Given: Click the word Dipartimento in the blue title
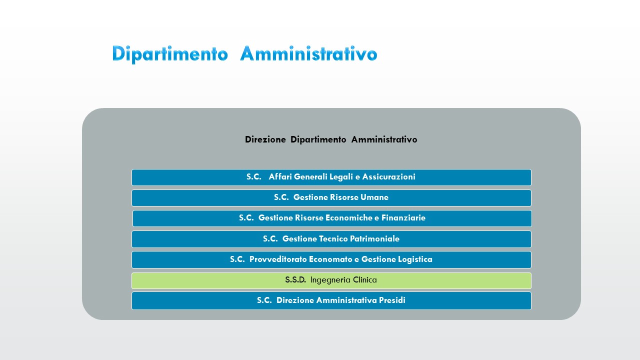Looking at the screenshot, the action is (170, 53).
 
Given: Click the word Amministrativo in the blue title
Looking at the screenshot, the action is (309, 53).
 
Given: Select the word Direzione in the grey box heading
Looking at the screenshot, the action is (265, 139).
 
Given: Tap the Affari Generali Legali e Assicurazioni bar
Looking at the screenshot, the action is (331, 177).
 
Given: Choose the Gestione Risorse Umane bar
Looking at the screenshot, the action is (331, 198).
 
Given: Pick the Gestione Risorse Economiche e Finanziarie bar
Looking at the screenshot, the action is (332, 218).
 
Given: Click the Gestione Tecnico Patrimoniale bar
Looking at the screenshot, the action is (331, 239).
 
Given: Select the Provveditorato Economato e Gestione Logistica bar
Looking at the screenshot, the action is (331, 259).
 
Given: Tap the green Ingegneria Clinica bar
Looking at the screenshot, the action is (331, 280).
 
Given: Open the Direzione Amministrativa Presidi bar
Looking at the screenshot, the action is (331, 301).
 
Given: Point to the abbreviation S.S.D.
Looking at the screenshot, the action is (295, 279).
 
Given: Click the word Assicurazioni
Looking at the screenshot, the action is (389, 177).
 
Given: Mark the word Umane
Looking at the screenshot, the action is (374, 197).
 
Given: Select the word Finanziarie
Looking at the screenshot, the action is (403, 217).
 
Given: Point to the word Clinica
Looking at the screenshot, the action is (365, 279).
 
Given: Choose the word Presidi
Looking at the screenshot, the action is (392, 300).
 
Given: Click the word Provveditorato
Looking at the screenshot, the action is (279, 259).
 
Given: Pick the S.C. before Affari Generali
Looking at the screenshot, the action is (254, 177).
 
